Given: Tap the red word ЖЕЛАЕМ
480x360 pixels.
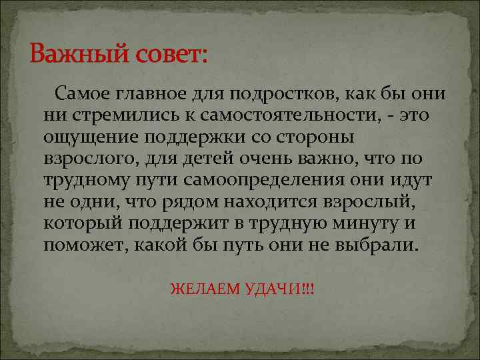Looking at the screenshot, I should click(199, 290).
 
